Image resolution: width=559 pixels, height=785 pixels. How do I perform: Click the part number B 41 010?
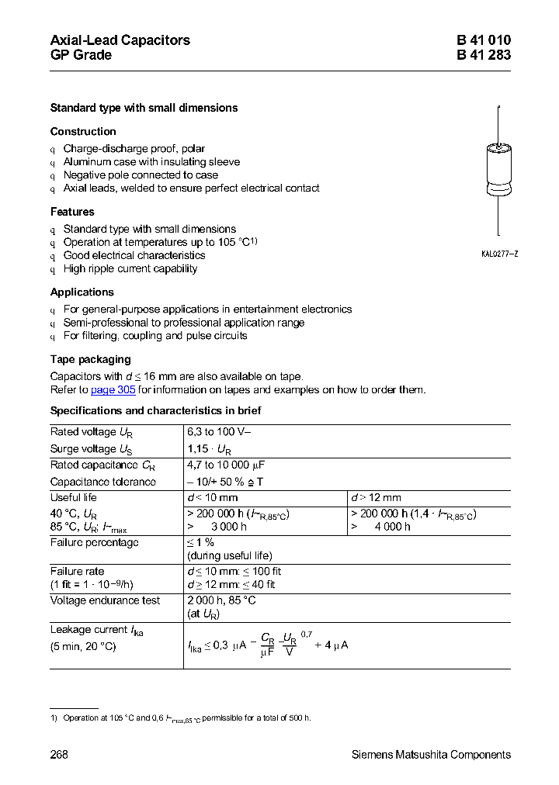(483, 40)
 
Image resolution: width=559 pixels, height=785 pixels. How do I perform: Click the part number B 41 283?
(483, 55)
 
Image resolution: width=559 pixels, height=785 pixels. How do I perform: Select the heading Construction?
(83, 132)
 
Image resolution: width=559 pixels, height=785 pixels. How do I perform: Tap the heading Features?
(72, 212)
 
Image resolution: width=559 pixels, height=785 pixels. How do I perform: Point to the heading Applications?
(82, 292)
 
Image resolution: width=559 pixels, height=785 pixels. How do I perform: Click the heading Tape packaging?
(90, 360)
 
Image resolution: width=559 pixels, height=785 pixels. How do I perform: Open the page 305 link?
(113, 390)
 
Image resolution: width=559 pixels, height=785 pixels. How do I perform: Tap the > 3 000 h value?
(217, 527)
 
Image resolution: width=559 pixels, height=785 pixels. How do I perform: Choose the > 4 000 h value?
(380, 527)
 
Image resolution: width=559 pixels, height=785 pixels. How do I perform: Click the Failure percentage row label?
(94, 543)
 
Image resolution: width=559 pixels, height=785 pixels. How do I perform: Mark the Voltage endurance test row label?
(105, 600)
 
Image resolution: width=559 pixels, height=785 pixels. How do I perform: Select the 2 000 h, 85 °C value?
(221, 600)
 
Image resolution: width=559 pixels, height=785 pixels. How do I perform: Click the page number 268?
(59, 755)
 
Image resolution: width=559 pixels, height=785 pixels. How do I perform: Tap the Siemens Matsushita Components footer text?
(431, 755)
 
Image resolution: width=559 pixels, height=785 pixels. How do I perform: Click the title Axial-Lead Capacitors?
(120, 40)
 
